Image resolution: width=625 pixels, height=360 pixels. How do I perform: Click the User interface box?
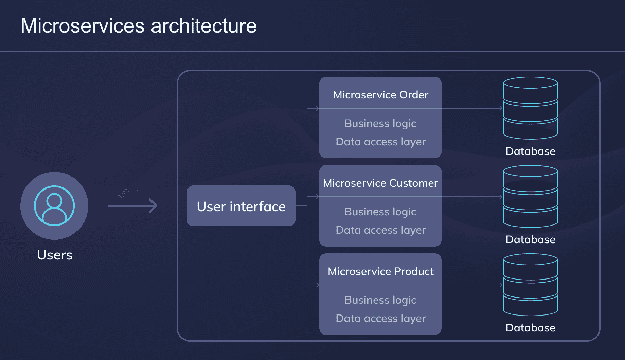coord(241,206)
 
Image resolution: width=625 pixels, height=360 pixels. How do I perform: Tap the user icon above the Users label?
coord(54,205)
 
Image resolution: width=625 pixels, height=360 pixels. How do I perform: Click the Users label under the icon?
coord(54,255)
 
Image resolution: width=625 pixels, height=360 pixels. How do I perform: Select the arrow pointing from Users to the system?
coord(132,205)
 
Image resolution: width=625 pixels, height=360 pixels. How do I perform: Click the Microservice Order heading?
coord(380,95)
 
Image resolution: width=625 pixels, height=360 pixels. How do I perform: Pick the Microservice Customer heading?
coord(380,183)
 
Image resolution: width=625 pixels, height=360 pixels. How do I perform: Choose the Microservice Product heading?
coord(380,271)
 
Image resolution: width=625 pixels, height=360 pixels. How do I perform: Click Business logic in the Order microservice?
coord(380,123)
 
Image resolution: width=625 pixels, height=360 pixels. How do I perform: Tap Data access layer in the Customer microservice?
coord(380,230)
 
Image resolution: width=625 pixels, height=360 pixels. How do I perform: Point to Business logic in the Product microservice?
coord(380,300)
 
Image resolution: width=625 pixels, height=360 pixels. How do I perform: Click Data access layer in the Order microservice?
coord(380,142)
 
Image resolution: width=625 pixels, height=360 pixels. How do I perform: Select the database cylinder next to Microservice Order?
coord(530,108)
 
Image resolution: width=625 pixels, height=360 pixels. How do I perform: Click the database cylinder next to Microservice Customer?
coord(530,196)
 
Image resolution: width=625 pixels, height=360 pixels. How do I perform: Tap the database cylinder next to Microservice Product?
coord(530,285)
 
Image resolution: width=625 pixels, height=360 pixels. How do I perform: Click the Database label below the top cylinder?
coord(530,151)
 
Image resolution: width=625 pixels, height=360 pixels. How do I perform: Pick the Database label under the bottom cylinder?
coord(530,328)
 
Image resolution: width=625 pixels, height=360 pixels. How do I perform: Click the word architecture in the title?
coord(203,26)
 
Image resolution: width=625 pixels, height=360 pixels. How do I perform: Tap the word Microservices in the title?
coord(83,26)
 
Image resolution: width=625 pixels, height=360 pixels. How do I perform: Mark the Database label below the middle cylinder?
coord(530,239)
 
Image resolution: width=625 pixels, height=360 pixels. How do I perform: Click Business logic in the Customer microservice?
coord(380,212)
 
